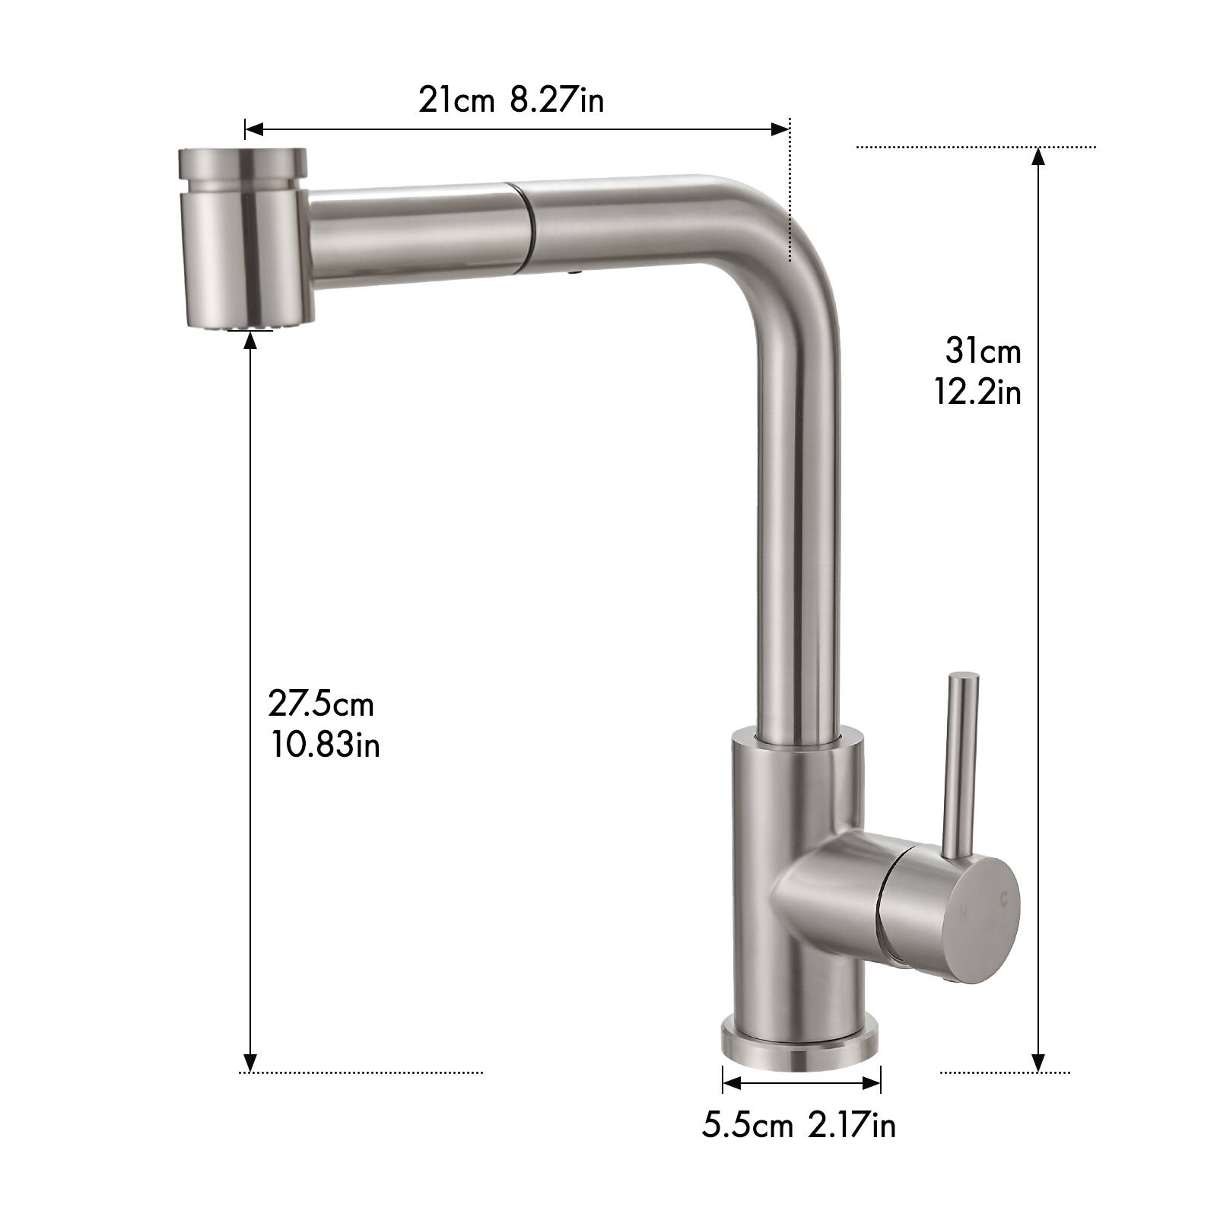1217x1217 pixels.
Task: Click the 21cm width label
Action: [456, 100]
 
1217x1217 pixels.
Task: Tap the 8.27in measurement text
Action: [557, 100]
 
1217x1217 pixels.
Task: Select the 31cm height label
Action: [983, 351]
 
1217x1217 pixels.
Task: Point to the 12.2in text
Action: [978, 392]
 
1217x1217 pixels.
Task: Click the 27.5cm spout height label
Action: [321, 704]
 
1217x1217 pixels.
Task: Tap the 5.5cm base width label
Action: [747, 1125]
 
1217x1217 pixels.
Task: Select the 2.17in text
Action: [852, 1125]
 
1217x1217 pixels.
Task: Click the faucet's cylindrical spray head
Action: [243, 237]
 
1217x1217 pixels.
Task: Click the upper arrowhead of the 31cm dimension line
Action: [1039, 155]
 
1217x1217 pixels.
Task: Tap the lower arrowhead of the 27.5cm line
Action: [250, 1062]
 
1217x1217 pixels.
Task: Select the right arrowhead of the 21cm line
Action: [781, 129]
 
